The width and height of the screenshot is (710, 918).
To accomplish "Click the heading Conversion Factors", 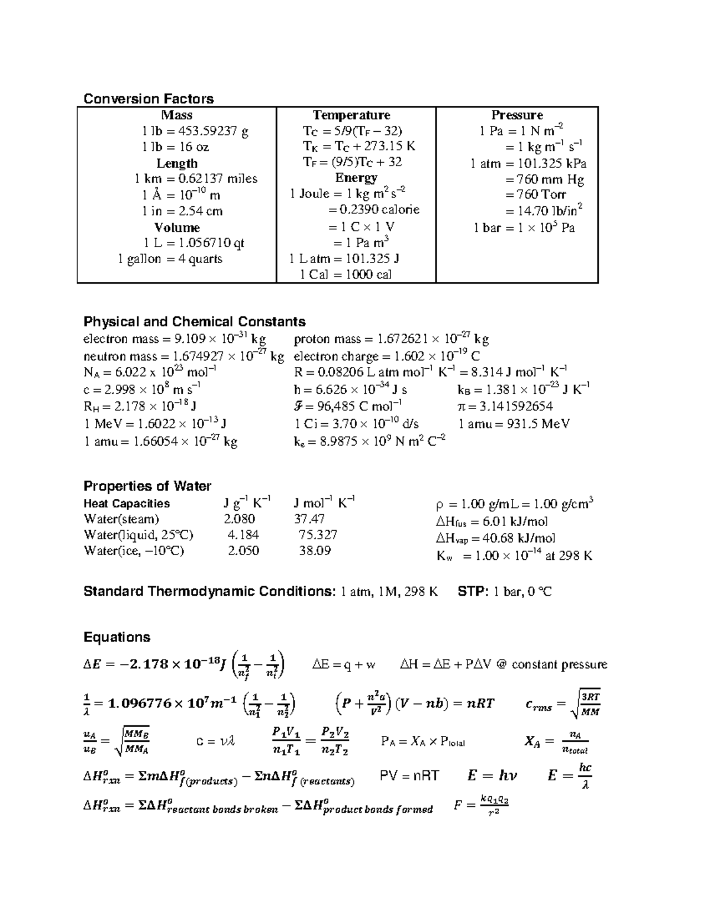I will [148, 99].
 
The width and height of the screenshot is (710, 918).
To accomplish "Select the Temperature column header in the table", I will [351, 115].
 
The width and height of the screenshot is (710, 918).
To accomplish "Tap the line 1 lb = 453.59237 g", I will [195, 131].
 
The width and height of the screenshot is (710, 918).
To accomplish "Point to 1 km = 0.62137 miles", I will [196, 179].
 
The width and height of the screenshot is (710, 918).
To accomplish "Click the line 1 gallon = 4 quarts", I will [170, 259].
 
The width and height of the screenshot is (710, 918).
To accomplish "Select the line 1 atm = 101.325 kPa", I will [528, 164].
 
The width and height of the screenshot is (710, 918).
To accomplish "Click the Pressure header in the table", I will [517, 115].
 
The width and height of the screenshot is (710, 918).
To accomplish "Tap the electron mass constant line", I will [175, 339].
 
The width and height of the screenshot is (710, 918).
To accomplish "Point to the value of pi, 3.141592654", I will [505, 406].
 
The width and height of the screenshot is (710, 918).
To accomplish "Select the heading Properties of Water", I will [147, 486].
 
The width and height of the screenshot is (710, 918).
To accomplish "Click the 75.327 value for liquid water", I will [318, 535].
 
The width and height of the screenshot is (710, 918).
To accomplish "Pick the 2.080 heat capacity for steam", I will [239, 519].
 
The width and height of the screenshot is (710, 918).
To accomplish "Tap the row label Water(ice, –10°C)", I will [134, 551].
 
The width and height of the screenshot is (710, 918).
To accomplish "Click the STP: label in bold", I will [473, 592].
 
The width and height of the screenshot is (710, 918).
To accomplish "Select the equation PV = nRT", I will [409, 776].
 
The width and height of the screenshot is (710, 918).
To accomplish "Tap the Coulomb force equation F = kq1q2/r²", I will [481, 805].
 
